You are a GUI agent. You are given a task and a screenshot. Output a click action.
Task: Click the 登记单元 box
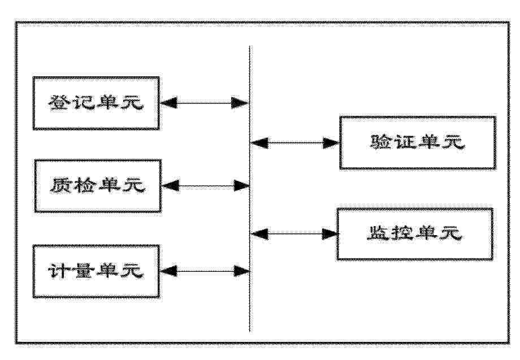click(x=96, y=103)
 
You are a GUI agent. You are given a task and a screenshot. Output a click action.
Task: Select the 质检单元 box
click(x=98, y=185)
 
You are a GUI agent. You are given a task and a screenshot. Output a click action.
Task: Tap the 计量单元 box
click(x=96, y=271)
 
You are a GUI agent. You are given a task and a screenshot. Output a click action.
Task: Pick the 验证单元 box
click(x=418, y=142)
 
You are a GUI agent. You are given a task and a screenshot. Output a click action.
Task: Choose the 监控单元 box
click(x=415, y=234)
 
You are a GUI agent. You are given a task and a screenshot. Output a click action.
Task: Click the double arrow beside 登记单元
click(x=205, y=103)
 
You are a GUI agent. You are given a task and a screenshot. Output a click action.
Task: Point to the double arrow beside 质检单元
click(x=206, y=185)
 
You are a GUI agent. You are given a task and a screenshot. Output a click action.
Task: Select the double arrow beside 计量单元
click(x=205, y=271)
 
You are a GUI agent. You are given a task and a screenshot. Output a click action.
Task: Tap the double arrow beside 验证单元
click(x=294, y=143)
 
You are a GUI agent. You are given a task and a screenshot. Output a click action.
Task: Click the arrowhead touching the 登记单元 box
click(x=168, y=103)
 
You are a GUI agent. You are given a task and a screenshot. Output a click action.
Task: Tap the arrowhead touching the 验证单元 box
click(x=331, y=143)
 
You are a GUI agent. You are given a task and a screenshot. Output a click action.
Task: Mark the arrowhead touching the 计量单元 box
click(x=168, y=271)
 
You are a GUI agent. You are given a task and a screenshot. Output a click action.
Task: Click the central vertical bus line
click(x=250, y=189)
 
